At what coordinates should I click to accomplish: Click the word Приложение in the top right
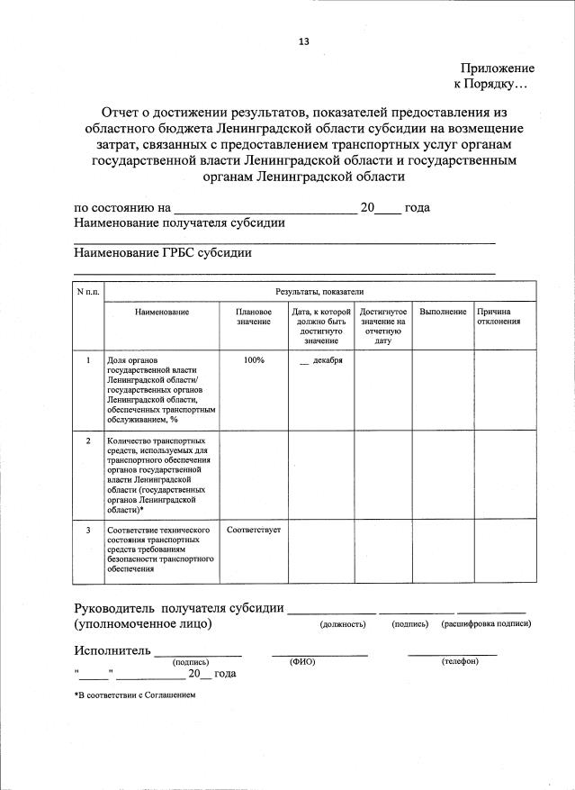498,68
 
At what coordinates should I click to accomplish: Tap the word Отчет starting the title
124,113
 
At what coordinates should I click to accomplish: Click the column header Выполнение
443,312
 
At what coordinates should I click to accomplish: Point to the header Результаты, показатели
319,292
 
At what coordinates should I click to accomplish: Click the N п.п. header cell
88,292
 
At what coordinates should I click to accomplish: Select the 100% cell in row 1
254,360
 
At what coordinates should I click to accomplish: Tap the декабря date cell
320,360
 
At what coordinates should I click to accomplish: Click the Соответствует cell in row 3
254,530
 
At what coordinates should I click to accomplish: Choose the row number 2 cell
88,440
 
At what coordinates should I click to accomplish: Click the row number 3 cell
88,530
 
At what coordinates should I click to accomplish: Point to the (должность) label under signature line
343,624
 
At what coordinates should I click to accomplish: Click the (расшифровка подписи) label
486,624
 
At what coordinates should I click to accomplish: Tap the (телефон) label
460,661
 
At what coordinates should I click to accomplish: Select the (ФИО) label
301,661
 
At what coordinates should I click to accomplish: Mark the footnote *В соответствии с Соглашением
134,695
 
